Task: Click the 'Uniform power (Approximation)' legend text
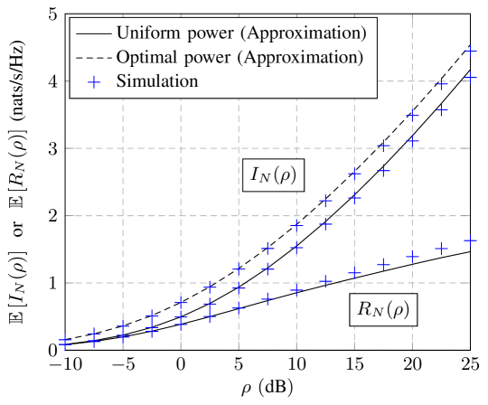[x=241, y=33]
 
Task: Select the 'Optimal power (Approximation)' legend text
[x=240, y=57]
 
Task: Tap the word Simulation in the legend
[x=157, y=81]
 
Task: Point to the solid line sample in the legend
[x=95, y=33]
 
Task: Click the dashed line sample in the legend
[x=95, y=57]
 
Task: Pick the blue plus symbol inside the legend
[x=95, y=81]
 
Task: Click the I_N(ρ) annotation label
[x=273, y=174]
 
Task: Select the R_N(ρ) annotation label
[x=383, y=310]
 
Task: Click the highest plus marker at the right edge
[x=470, y=52]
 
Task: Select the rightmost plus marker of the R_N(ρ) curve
[x=470, y=240]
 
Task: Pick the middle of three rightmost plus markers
[x=470, y=78]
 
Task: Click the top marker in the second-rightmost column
[x=441, y=84]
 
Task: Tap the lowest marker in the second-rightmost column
[x=441, y=248]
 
